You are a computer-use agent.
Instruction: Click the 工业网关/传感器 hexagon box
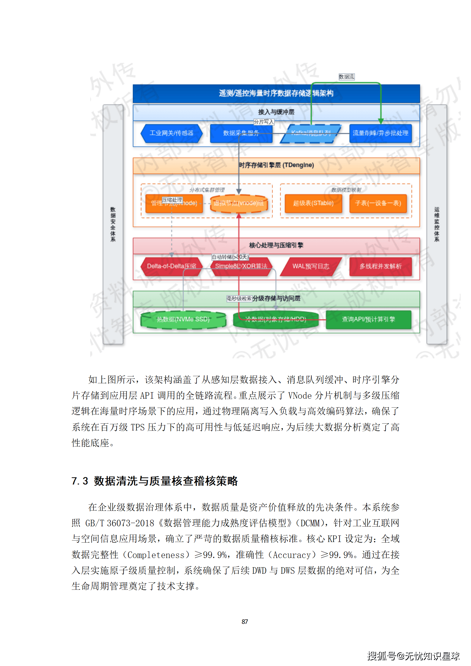pos(171,133)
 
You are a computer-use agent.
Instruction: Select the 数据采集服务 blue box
pos(241,133)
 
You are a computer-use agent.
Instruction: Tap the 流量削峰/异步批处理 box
pos(380,133)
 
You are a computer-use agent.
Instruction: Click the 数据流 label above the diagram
pos(346,77)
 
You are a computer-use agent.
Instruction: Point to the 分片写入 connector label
pos(264,122)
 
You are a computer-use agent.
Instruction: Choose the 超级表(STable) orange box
pos(313,203)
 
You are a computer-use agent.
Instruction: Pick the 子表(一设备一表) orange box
pos(378,203)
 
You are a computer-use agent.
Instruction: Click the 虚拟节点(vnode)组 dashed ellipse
pos(239,203)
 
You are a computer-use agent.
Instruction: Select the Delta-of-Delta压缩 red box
pos(171,266)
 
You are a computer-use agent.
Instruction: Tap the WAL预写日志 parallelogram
pos(311,266)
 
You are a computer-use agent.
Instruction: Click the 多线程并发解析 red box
pos(380,266)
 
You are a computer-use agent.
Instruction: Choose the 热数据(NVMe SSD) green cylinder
pos(183,320)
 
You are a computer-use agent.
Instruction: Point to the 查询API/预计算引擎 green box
pos(368,320)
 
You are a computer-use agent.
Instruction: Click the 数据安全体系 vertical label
pos(113,224)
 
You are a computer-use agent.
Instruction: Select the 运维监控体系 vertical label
pos(437,224)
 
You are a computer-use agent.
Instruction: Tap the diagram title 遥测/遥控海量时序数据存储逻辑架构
pos(276,93)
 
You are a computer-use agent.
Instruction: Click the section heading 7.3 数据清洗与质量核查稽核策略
pos(155,481)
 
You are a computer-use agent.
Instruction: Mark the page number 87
pos(245,622)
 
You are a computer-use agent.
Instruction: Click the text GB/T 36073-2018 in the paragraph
pos(120,523)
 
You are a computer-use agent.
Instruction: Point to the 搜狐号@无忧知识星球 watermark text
pos(413,656)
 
